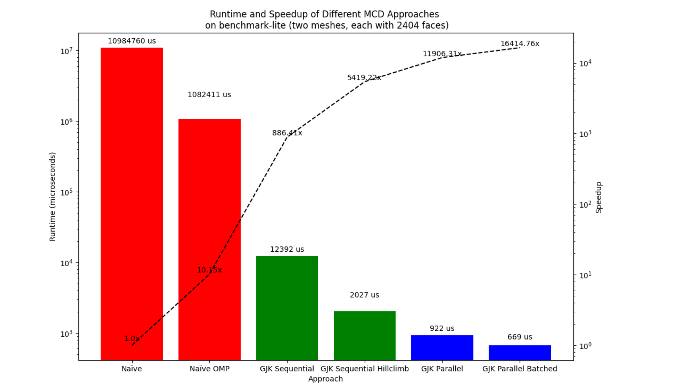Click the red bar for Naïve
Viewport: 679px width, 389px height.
point(132,203)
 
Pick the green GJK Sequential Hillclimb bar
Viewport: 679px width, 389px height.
point(365,335)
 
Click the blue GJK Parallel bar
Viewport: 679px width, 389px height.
point(442,348)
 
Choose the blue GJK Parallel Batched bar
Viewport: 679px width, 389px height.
point(520,353)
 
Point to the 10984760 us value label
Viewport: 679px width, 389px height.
point(132,41)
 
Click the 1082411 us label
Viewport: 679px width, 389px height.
point(209,95)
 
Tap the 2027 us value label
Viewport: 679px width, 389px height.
point(364,295)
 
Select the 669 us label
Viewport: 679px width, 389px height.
point(520,337)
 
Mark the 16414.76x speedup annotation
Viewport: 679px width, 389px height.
point(520,44)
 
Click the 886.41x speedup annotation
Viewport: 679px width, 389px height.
point(287,133)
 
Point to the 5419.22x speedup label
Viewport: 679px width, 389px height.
point(364,78)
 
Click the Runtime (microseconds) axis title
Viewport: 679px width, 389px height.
point(52,197)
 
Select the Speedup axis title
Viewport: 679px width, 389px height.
point(599,197)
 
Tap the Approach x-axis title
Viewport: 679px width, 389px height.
point(325,379)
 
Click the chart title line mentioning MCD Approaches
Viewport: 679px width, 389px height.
point(324,14)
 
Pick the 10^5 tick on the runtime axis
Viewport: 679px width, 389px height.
point(66,193)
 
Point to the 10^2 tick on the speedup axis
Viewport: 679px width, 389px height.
point(585,205)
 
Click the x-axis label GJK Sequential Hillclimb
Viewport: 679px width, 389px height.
point(365,369)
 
